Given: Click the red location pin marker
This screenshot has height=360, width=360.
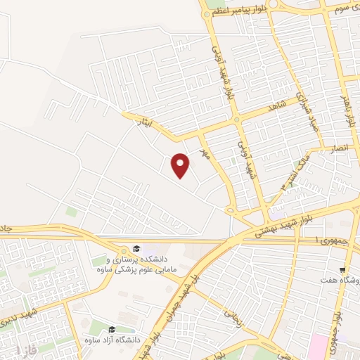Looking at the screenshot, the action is tap(181, 165).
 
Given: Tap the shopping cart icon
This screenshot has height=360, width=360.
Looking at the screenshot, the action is tap(342, 269).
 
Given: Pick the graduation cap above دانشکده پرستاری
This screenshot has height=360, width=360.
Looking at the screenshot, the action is tap(137, 250).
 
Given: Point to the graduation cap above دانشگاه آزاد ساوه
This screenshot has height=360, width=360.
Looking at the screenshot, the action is tap(111, 330).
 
